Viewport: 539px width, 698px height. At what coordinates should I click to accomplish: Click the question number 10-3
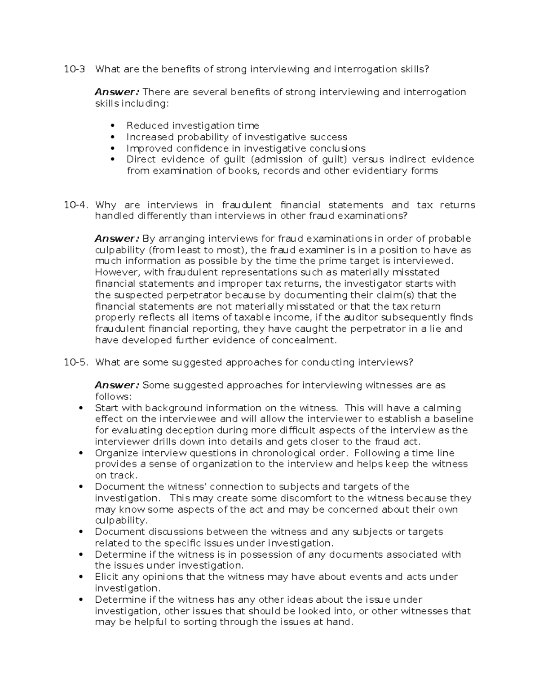click(x=74, y=69)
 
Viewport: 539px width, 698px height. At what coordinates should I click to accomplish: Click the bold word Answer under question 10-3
click(x=117, y=92)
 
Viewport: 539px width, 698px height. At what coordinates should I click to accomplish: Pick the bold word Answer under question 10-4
click(x=117, y=238)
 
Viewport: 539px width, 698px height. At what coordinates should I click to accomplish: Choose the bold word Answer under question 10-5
click(x=117, y=385)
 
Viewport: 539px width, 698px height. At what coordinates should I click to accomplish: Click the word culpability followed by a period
click(x=120, y=520)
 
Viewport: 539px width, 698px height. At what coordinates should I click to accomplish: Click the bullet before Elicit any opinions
click(x=81, y=577)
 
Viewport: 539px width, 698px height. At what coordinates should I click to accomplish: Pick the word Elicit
click(x=106, y=577)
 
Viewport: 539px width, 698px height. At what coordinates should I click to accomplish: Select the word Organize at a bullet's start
click(x=116, y=453)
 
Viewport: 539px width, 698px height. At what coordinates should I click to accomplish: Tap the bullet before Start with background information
click(x=81, y=408)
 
